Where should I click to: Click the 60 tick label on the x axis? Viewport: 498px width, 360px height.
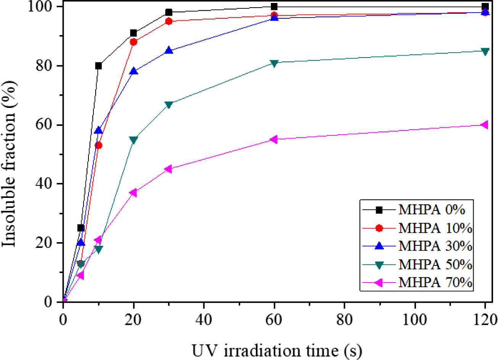pos(274,320)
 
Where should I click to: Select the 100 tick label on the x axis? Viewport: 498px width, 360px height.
pos(414,320)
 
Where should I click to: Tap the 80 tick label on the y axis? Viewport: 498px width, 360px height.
pos(43,66)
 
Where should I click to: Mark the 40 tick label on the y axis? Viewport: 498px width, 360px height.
pos(43,184)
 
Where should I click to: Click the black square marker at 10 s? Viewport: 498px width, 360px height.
pos(98,66)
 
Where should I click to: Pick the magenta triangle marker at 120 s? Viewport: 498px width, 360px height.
pos(485,125)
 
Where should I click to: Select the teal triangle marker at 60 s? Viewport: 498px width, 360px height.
pos(274,63)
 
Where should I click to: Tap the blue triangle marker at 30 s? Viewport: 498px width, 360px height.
pos(169,51)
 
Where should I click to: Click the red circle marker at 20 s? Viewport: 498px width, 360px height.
pos(133,42)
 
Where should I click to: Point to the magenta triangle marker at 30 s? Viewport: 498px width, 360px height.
pos(169,169)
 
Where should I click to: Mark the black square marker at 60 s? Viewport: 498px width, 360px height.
pos(274,6)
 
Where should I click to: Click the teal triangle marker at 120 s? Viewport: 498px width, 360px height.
pos(485,51)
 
